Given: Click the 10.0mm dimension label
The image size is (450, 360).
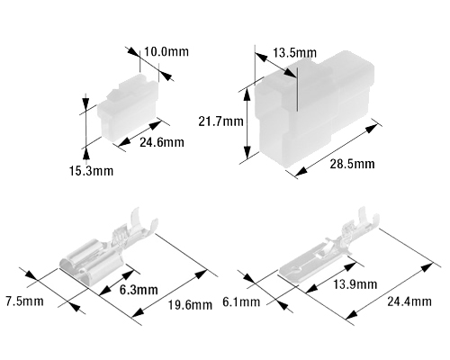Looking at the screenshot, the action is click(166, 51).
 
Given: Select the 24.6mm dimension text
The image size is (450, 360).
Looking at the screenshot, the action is click(162, 142).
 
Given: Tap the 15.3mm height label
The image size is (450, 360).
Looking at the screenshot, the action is click(91, 171).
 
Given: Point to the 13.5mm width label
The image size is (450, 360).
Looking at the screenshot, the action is click(294, 53).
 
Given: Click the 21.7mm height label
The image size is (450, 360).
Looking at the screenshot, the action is click(220, 121).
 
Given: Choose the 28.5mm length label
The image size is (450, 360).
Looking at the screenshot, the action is click(352, 164).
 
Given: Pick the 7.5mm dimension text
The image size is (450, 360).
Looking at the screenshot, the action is click(24, 301).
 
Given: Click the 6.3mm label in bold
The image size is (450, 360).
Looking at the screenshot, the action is click(139, 290).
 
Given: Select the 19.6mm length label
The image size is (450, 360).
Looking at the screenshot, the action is click(190, 305).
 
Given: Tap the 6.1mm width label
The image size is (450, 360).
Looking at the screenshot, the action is click(241, 301).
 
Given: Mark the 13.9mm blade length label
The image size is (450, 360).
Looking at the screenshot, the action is click(355, 284).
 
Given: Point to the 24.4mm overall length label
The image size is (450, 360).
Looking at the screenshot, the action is click(409, 301).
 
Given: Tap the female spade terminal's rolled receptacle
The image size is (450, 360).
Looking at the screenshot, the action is click(90, 261).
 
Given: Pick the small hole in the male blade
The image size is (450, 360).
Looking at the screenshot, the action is click(298, 266).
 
